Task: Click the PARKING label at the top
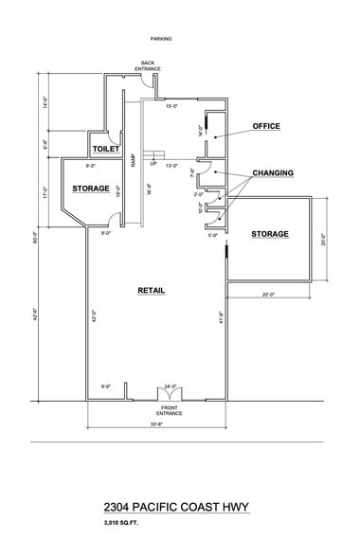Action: point(160,39)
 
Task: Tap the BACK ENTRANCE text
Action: point(147,66)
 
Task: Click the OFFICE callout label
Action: point(266,125)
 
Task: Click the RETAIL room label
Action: point(152,290)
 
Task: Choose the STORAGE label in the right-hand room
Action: point(270,233)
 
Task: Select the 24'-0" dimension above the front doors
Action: point(171,386)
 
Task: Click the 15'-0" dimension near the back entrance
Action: point(172,106)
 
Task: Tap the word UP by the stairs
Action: point(153,163)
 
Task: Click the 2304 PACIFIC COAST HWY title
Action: point(180,509)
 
